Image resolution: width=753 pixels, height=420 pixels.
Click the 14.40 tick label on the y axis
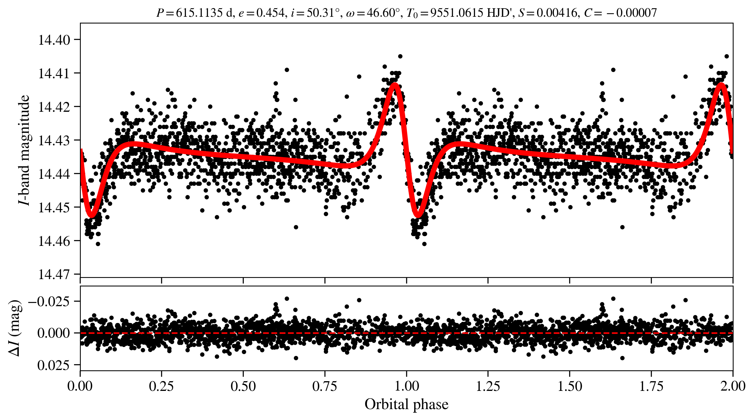coord(54,40)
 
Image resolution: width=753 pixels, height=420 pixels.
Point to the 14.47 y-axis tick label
coord(54,274)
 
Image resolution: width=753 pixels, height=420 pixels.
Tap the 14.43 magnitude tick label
coord(54,140)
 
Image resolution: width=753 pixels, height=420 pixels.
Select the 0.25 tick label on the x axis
coord(161,386)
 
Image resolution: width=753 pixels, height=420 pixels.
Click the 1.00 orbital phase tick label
coord(406,386)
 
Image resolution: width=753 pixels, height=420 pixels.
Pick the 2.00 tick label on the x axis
coord(732,386)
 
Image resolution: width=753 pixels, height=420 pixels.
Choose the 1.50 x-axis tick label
coord(570,386)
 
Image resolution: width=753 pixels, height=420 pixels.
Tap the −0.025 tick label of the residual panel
coord(49,301)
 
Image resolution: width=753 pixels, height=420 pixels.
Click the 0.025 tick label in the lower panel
coord(53,365)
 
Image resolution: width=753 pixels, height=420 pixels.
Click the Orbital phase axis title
coord(406,404)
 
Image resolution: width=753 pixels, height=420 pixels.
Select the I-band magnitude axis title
coord(24,150)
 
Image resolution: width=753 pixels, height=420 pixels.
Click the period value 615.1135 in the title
coord(199,13)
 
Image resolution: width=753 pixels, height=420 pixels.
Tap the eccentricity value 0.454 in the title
coord(270,13)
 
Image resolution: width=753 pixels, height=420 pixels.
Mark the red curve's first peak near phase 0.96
coord(395,84)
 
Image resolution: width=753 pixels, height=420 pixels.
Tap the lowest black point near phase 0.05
coord(98,244)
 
